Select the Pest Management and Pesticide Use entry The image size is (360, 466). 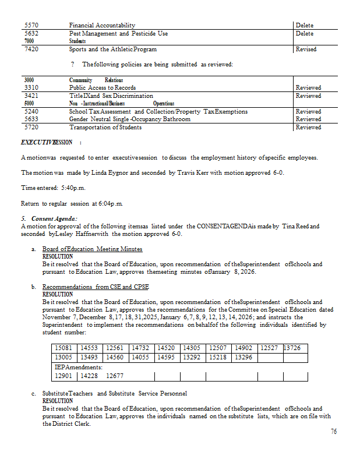click(118, 34)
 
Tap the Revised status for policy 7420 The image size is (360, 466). click(306, 50)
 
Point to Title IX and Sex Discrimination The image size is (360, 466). click(111, 96)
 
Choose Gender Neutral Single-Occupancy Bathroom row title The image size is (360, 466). click(129, 119)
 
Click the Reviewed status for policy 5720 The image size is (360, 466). click(308, 127)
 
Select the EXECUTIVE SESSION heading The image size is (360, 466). click(47, 142)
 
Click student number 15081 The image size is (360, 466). click(63, 348)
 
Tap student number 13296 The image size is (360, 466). click(243, 357)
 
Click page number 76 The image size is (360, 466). click(333, 432)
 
